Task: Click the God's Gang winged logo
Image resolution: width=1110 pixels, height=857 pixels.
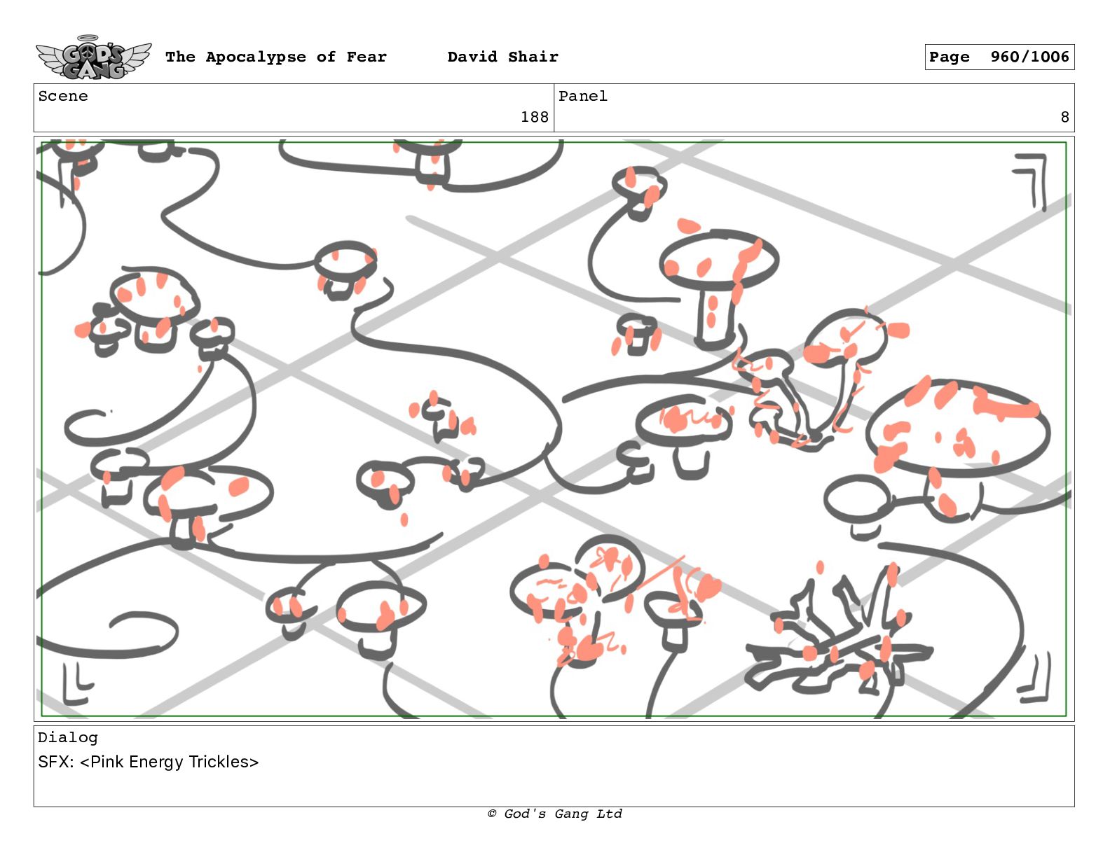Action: click(93, 57)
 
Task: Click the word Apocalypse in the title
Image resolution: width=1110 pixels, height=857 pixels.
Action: click(256, 57)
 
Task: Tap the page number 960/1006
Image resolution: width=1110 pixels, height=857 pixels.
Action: click(1029, 57)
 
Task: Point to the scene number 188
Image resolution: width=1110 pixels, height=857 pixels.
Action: click(534, 118)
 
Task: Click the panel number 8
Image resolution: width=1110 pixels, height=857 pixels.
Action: click(1064, 118)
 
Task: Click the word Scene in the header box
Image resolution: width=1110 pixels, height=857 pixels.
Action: click(63, 96)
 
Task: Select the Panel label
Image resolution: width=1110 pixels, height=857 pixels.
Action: click(583, 96)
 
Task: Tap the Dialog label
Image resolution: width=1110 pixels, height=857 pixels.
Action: click(67, 737)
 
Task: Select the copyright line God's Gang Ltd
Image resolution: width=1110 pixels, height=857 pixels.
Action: click(555, 814)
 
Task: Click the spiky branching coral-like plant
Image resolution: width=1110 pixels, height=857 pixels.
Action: click(837, 636)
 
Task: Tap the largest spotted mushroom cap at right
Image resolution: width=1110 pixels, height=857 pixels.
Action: click(958, 428)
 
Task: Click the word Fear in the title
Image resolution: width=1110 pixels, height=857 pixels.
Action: click(366, 57)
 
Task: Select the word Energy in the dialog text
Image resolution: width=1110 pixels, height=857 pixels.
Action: click(156, 762)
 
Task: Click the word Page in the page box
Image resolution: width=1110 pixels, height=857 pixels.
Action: click(949, 57)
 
